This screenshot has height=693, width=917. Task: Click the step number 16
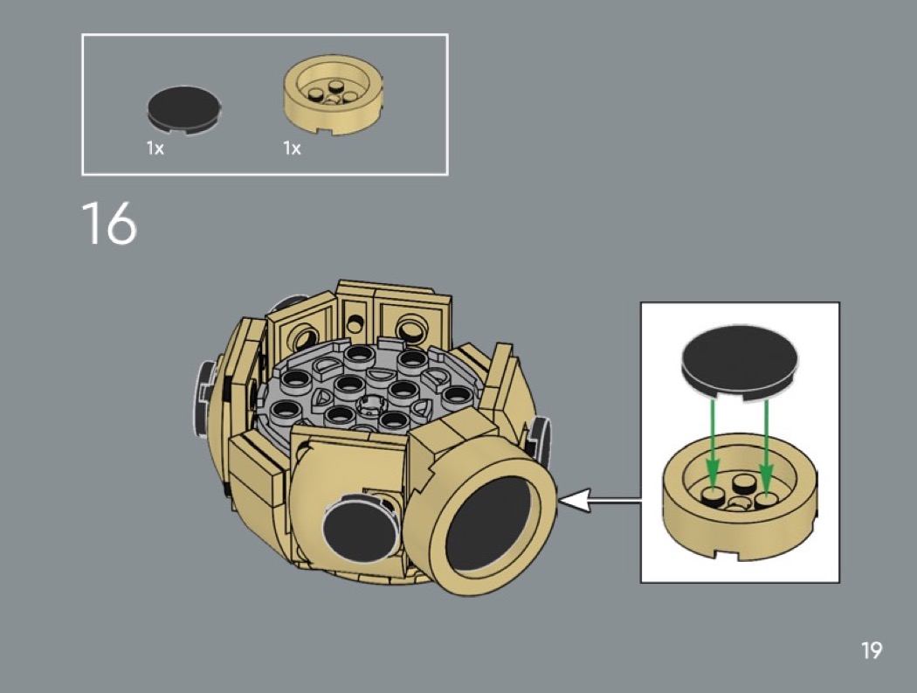(x=109, y=223)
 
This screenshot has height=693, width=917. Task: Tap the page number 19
(x=871, y=650)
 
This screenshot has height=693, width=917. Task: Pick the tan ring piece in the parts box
(x=334, y=95)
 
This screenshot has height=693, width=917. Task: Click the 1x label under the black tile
(x=155, y=149)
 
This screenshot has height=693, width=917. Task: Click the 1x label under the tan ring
(x=292, y=149)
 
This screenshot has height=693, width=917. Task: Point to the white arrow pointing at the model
(x=600, y=501)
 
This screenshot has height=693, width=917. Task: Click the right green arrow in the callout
(x=767, y=444)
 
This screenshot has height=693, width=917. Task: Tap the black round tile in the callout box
(x=740, y=363)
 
